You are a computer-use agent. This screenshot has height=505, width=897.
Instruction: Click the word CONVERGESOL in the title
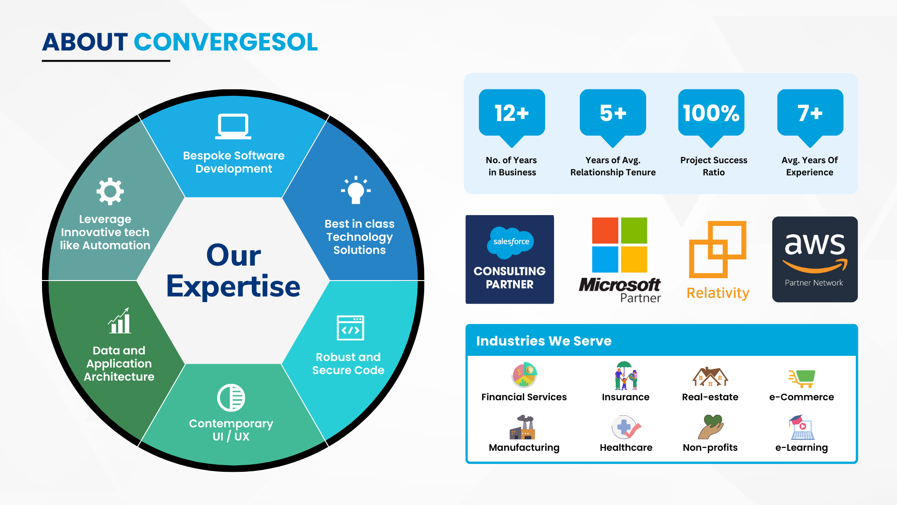pos(226,42)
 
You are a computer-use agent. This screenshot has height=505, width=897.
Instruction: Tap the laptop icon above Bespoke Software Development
pos(233,126)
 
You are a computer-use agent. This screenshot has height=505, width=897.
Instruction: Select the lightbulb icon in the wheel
pos(356,190)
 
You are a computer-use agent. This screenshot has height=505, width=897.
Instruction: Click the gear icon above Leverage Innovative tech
pos(110,191)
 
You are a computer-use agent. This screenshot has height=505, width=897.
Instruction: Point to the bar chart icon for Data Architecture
pos(120,321)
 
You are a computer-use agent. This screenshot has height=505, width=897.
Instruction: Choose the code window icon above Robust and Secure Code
pos(350,328)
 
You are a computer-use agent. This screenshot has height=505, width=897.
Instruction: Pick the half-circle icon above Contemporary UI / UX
pos(231,398)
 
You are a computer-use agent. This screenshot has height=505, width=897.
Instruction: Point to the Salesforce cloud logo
pos(511,242)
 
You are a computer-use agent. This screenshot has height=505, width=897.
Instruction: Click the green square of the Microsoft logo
pos(634,230)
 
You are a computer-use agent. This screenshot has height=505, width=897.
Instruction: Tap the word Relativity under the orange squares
pos(718,293)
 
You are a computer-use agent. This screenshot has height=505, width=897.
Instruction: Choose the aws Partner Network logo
pos(815,259)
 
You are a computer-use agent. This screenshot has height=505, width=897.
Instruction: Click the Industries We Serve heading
pos(544,341)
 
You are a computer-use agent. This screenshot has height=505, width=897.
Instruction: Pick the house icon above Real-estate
pos(710,376)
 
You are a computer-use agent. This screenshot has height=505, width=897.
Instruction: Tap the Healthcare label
pos(626,447)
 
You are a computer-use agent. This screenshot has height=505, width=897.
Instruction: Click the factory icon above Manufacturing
pos(523,427)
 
